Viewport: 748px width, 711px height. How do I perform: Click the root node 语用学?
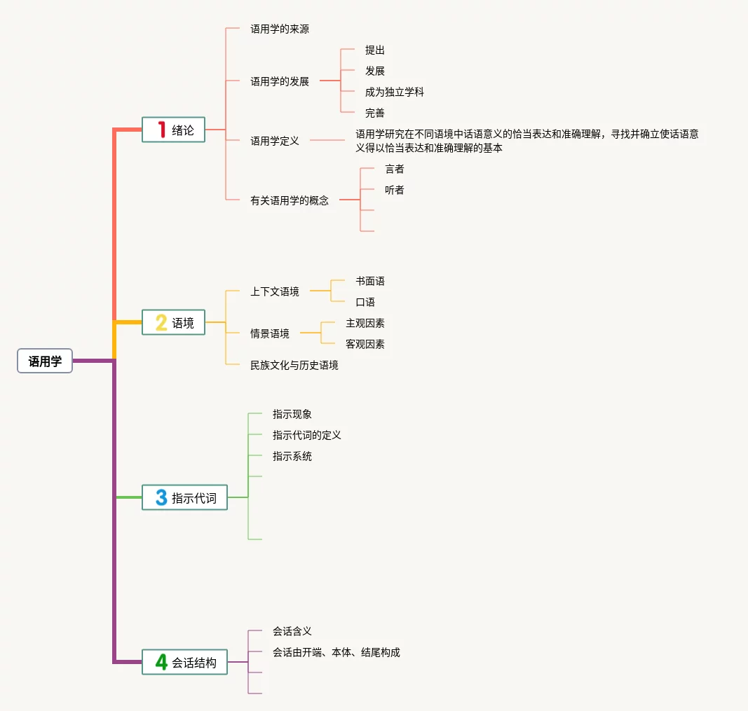(x=45, y=361)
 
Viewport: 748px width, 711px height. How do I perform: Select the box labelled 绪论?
(x=174, y=130)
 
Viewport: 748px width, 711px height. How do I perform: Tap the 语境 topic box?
(x=174, y=323)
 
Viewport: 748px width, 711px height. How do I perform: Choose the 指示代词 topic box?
(x=185, y=498)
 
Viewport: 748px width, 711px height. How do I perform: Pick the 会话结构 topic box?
(x=185, y=662)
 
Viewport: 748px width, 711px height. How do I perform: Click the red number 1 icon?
(x=161, y=130)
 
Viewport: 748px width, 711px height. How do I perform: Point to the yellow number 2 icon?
(x=161, y=323)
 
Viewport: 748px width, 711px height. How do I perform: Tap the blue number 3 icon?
(x=161, y=498)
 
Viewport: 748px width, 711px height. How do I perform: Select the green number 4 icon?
(x=161, y=662)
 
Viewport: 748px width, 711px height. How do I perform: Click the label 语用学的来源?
(x=280, y=29)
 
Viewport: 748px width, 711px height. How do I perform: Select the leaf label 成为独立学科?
(x=394, y=92)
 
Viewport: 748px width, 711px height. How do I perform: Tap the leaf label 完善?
(x=374, y=113)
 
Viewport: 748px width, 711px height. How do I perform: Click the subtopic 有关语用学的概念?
(x=290, y=200)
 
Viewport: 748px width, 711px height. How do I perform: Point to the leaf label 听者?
(x=394, y=190)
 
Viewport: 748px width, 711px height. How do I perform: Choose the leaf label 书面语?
(x=369, y=281)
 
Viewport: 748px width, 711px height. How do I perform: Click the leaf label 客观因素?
(x=365, y=344)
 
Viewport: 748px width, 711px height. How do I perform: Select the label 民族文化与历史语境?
(x=294, y=365)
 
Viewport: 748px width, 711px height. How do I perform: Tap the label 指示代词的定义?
(x=307, y=435)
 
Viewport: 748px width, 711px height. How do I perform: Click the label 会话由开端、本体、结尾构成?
(x=336, y=652)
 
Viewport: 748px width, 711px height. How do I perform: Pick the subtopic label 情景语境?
(x=270, y=333)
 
